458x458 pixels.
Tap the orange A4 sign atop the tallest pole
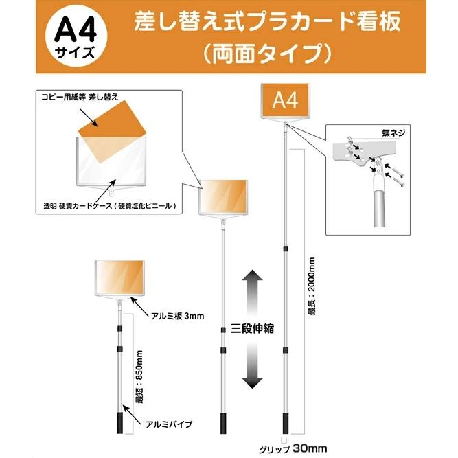coord(284,102)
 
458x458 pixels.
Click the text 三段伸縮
coord(252,328)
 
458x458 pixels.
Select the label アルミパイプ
coord(170,424)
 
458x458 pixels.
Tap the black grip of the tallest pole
coord(284,420)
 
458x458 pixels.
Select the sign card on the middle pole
coord(224,196)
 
